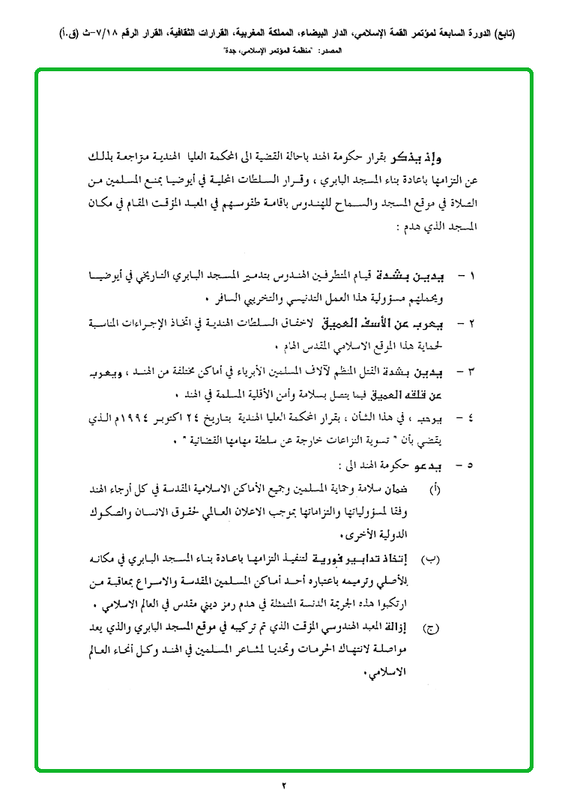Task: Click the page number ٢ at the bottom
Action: pyautogui.click(x=284, y=786)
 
